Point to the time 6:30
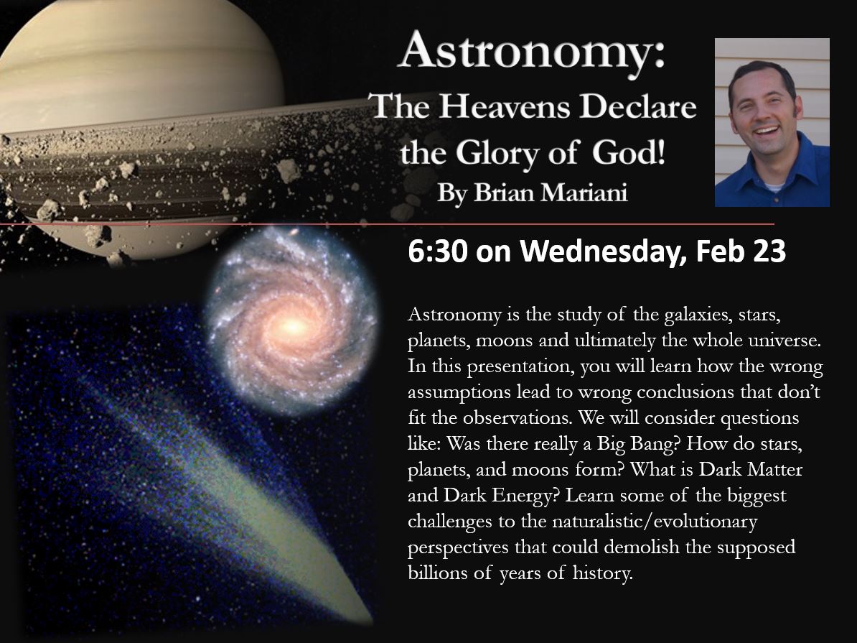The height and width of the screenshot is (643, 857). pos(438,251)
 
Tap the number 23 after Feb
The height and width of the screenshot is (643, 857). pos(769,251)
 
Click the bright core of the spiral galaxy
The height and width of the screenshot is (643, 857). pos(294,327)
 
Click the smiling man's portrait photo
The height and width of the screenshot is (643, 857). pos(772,122)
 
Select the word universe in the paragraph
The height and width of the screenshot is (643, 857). pos(785,341)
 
